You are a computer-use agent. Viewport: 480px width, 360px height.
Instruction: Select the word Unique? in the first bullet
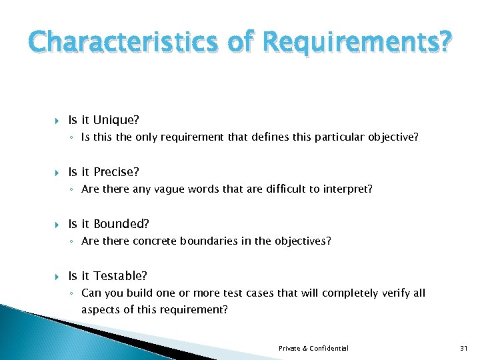pyautogui.click(x=116, y=120)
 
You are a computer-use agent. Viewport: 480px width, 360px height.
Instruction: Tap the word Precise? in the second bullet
pyautogui.click(x=116, y=172)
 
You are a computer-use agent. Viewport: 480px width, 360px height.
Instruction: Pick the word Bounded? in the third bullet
pyautogui.click(x=121, y=224)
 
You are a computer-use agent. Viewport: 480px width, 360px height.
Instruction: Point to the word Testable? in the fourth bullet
pyautogui.click(x=121, y=275)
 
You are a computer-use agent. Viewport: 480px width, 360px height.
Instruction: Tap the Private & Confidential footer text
pyautogui.click(x=313, y=349)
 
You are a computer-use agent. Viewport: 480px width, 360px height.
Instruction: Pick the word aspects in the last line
pyautogui.click(x=99, y=309)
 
